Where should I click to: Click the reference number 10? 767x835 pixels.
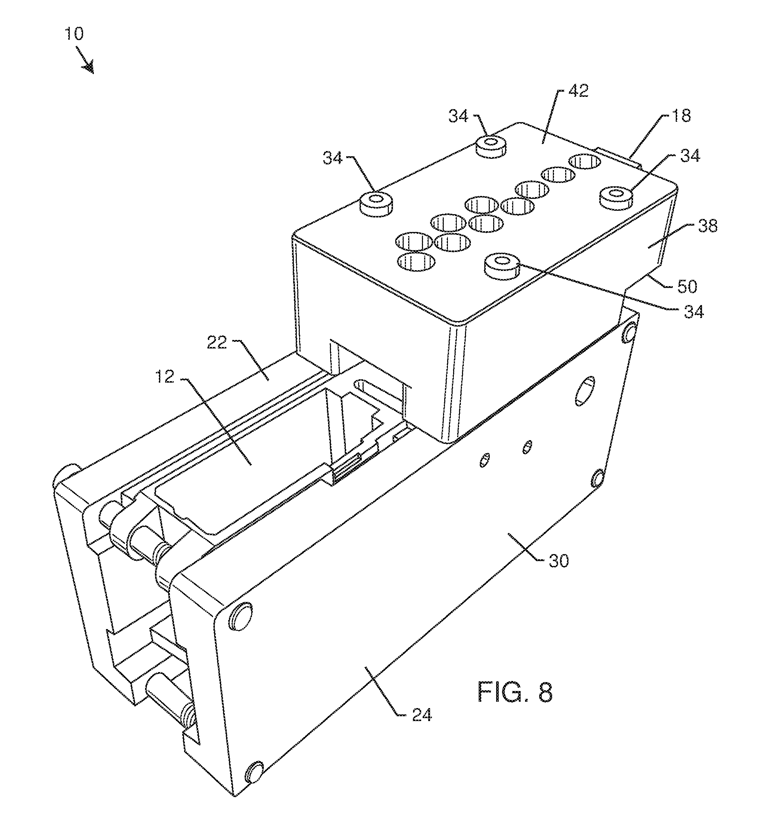74,34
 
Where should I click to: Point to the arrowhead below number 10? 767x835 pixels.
88,67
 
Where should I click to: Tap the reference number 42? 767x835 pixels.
578,91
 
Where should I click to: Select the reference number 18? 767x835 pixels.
681,116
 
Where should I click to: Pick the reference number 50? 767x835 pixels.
687,287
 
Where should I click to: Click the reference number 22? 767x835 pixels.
216,343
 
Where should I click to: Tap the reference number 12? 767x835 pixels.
165,377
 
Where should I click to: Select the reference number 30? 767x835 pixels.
558,561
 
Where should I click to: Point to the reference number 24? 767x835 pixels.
422,715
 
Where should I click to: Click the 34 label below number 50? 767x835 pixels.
693,312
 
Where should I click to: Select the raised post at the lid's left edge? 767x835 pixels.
376,203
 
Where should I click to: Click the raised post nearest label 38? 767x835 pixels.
616,197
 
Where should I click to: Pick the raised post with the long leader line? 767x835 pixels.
502,266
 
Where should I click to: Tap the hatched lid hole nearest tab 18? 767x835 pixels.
585,161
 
